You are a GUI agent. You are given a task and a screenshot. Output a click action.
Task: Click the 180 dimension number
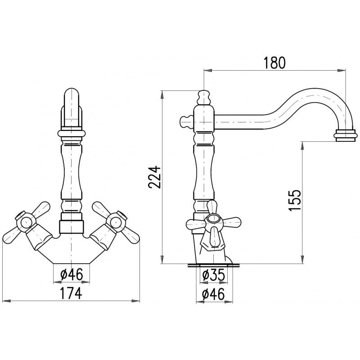(274, 63)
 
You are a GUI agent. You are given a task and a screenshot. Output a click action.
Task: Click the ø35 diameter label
(213, 275)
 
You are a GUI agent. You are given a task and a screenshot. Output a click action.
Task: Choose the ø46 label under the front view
(72, 274)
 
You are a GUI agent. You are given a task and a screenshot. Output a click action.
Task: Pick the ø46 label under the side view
(213, 294)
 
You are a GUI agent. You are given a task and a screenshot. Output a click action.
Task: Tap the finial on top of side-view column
(204, 97)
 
